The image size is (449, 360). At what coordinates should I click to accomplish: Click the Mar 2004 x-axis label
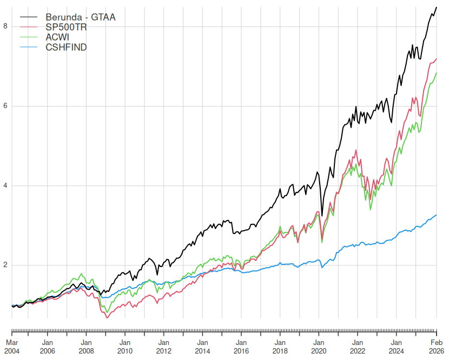[12, 346]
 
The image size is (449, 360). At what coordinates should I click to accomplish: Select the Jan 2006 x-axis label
[47, 346]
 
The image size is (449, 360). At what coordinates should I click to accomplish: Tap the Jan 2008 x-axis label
[86, 346]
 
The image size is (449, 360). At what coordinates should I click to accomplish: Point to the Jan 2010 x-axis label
[124, 346]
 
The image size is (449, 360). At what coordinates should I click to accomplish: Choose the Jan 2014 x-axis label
[202, 346]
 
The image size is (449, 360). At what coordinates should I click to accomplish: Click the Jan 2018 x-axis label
[280, 346]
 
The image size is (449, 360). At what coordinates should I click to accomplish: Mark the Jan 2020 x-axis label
[319, 346]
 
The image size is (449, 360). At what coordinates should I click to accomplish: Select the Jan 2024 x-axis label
[396, 346]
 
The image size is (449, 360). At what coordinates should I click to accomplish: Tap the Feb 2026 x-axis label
[437, 346]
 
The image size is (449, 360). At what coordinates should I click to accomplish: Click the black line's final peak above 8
[437, 7]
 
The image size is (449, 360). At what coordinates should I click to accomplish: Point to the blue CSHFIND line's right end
[437, 215]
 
